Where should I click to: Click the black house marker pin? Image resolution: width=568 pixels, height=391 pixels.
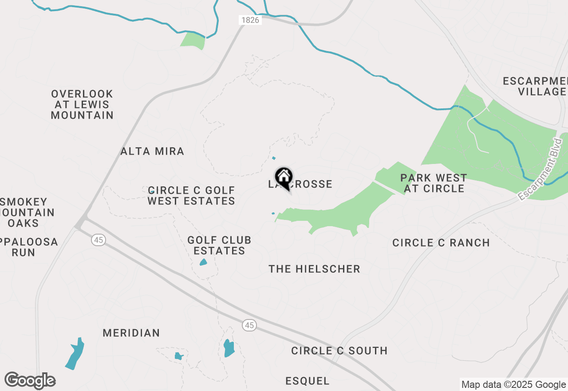tap(284, 178)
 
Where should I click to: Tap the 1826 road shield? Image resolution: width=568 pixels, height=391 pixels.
tap(250, 20)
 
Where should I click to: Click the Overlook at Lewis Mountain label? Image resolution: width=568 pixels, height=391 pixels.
tap(82, 104)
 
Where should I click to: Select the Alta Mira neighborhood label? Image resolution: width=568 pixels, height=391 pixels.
tap(152, 151)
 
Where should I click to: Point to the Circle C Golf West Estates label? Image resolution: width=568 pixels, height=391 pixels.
tap(191, 195)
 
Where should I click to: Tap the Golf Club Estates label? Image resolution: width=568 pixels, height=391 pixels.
tap(219, 245)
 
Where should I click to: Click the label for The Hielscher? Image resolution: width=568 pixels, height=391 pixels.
tap(314, 269)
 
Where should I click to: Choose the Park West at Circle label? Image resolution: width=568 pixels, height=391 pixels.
tap(434, 183)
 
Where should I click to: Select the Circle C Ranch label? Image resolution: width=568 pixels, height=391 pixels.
tap(441, 243)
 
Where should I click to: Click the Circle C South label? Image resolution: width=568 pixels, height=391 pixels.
tap(339, 351)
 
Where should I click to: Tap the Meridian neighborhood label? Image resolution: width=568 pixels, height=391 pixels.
tap(131, 333)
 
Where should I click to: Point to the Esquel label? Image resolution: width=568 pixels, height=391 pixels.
tap(308, 381)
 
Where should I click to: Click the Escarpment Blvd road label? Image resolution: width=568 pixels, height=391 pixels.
tap(540, 169)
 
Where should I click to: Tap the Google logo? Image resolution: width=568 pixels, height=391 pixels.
tap(30, 381)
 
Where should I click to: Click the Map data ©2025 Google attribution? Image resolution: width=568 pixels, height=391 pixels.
tap(513, 385)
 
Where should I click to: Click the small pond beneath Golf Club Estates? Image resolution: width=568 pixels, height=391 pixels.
tap(203, 262)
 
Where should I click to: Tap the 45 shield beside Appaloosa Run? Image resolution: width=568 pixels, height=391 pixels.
tap(98, 240)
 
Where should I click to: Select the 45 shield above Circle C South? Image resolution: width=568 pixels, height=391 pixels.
tap(249, 325)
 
